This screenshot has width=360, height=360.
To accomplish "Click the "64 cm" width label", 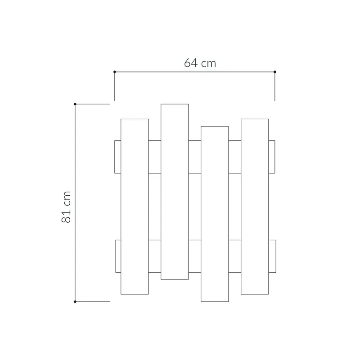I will coord(200,63).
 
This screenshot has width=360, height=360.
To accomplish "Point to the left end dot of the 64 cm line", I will coord(115,72).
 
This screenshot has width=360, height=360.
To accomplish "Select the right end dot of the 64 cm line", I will coord(275,72).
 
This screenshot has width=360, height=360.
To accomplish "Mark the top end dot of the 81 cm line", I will coord(75,104).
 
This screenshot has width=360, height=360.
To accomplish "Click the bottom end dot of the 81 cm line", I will coord(75,301).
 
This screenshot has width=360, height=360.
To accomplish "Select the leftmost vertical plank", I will coord(135,206).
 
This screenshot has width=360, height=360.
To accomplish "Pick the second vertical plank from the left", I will coord(175,191).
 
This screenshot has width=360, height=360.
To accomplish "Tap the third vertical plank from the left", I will coord(215,214).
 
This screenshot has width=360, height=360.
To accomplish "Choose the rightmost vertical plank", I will coord(255,206).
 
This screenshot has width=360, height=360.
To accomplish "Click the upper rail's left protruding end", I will coord(117,157).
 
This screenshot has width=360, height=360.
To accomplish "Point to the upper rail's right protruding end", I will coord(272,157).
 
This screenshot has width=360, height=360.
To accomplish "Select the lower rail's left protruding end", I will coord(118,256).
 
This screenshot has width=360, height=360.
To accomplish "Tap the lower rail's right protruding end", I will coord(272,256).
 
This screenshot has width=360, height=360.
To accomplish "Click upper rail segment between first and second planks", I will coord(154,157).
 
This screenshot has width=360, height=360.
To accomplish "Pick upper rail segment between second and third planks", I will coord(194,157).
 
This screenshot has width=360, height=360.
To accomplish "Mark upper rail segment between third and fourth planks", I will coord(234,157).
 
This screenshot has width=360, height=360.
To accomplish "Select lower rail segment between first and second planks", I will coord(154,256).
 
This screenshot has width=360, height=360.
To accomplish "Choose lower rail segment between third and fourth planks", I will coord(234,256).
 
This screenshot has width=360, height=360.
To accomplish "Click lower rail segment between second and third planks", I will coord(194,256).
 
